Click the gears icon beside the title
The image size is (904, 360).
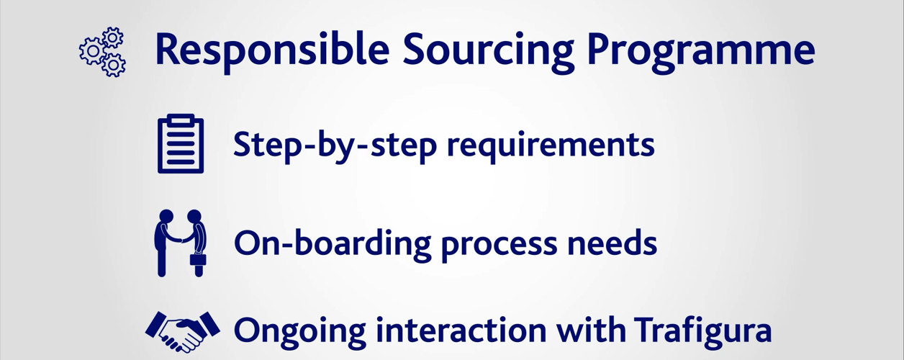(102, 52)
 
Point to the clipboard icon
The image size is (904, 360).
(181, 144)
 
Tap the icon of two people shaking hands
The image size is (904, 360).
(180, 243)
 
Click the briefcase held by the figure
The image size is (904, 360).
(198, 259)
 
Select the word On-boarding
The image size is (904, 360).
(333, 243)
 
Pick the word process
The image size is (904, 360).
(500, 246)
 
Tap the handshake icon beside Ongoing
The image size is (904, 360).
(183, 331)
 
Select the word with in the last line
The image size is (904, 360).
(591, 329)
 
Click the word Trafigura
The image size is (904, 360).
(702, 332)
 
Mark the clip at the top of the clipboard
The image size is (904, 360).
(181, 120)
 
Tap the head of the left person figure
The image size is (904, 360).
(166, 216)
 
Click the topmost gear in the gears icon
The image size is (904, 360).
(112, 37)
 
